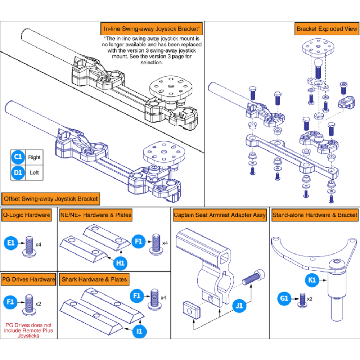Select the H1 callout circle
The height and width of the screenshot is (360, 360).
click(120, 263)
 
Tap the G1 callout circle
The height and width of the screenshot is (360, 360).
click(284, 298)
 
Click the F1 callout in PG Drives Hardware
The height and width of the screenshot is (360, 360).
click(11, 301)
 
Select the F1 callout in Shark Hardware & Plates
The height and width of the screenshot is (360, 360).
click(137, 296)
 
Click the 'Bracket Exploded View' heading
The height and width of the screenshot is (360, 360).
click(327, 29)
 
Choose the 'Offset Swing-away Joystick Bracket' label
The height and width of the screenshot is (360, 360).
click(51, 198)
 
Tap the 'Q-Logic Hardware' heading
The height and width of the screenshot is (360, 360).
click(27, 215)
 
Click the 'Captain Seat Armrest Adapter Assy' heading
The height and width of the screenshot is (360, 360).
click(220, 215)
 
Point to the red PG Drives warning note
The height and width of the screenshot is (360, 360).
click(28, 330)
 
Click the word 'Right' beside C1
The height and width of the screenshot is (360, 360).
click(34, 157)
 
